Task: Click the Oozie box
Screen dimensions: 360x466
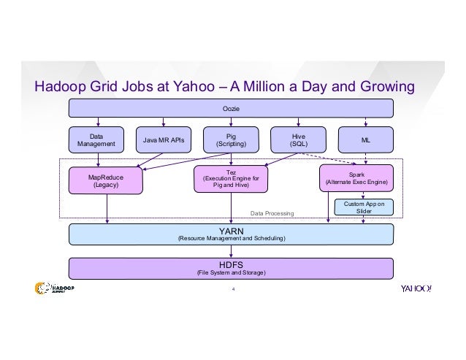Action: (x=231, y=108)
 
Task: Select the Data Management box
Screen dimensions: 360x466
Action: (x=96, y=139)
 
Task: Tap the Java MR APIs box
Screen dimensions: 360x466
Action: (x=163, y=139)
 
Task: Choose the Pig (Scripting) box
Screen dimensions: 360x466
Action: (x=230, y=139)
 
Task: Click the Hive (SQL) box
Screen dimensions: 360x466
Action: (x=298, y=139)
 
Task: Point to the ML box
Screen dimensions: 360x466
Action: (x=365, y=139)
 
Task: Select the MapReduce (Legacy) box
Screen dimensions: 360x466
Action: (x=105, y=180)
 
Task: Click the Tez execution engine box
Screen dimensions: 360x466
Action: (x=231, y=179)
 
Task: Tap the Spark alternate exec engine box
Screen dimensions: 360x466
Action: (x=356, y=179)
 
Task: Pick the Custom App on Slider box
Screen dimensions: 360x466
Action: (x=364, y=207)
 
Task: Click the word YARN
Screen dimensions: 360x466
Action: (x=231, y=230)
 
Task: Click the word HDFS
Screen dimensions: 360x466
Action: (x=231, y=264)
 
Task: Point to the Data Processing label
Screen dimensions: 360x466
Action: (x=271, y=214)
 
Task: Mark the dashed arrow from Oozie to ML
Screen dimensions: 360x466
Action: (x=365, y=122)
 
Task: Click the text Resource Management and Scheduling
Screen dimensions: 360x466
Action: (x=232, y=239)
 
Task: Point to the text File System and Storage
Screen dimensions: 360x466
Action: (x=231, y=272)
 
